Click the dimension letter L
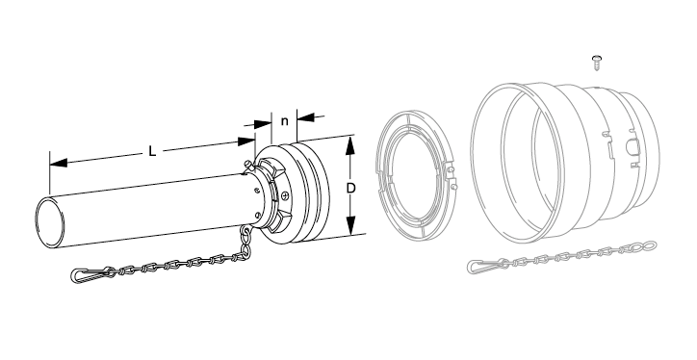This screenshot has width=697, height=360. tap(152, 151)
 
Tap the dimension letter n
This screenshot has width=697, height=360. tap(285, 121)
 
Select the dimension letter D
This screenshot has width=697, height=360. tap(350, 189)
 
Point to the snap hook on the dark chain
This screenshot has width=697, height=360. tap(85, 274)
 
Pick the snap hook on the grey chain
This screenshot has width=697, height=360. tap(481, 266)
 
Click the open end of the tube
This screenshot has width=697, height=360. tap(49, 222)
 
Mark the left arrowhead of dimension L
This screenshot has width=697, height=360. tap(58, 163)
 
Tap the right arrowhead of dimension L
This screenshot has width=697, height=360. tap(246, 141)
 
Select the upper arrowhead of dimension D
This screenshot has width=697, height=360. tap(350, 145)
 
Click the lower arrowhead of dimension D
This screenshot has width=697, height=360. tap(351, 224)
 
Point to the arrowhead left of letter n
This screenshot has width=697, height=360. tap(262, 123)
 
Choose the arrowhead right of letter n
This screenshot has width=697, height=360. tap(305, 117)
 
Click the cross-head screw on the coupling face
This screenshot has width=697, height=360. tap(285, 194)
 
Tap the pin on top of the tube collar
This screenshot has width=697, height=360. tap(249, 167)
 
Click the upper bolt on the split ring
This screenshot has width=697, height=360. tap(452, 168)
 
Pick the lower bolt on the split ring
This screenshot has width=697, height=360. tap(453, 187)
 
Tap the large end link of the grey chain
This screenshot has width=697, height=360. tap(645, 245)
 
